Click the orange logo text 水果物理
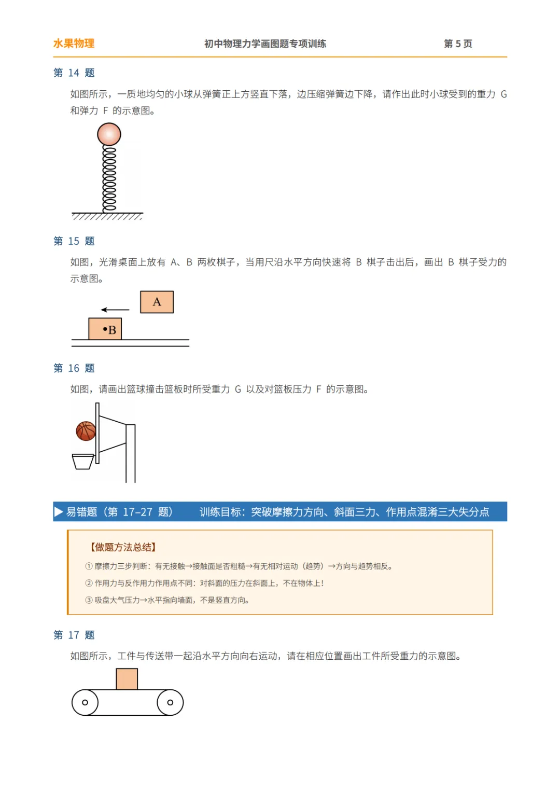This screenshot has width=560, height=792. coord(74,44)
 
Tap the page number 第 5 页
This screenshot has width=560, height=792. coord(458,44)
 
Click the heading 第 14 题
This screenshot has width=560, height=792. coord(74,73)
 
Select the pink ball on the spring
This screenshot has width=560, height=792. coord(109,134)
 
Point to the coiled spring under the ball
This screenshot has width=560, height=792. coord(109,179)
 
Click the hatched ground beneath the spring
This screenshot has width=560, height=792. coord(107,216)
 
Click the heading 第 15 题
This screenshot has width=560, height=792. coord(74,241)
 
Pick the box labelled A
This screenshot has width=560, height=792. coord(157,302)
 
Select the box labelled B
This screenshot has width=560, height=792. coord(105,329)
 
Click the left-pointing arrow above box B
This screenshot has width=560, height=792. coord(115,310)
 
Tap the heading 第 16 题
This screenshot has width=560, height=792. coord(74,368)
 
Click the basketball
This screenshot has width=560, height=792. coord(86,431)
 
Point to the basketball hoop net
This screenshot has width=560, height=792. coord(82,462)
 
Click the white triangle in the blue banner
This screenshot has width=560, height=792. coord(58,512)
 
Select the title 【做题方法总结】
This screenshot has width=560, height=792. coord(123,547)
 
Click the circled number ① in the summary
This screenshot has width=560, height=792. coord(89,566)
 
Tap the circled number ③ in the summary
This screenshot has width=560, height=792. coord(89,600)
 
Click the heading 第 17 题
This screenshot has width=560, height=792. coord(74,635)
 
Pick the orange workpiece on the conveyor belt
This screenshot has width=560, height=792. coord(127,679)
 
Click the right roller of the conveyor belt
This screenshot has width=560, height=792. coord(170,703)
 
